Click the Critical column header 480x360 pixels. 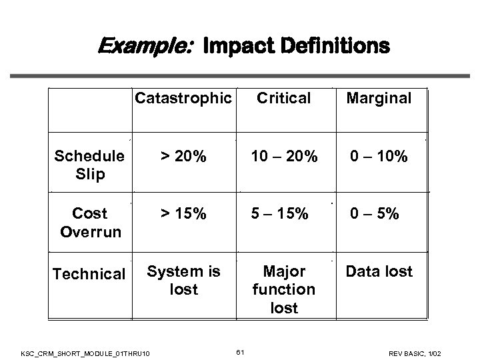pyautogui.click(x=284, y=99)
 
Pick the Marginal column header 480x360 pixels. pyautogui.click(x=378, y=99)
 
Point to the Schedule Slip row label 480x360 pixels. pyautogui.click(x=89, y=165)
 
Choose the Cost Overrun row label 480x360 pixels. pyautogui.click(x=89, y=223)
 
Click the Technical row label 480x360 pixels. pyautogui.click(x=89, y=274)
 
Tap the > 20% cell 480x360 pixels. pyautogui.click(x=183, y=157)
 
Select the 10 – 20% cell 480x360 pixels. pyautogui.click(x=284, y=157)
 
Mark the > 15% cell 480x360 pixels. pyautogui.click(x=183, y=214)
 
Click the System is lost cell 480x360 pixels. pyautogui.click(x=183, y=280)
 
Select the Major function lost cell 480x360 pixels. pyautogui.click(x=284, y=289)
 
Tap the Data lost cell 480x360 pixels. pyautogui.click(x=378, y=271)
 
